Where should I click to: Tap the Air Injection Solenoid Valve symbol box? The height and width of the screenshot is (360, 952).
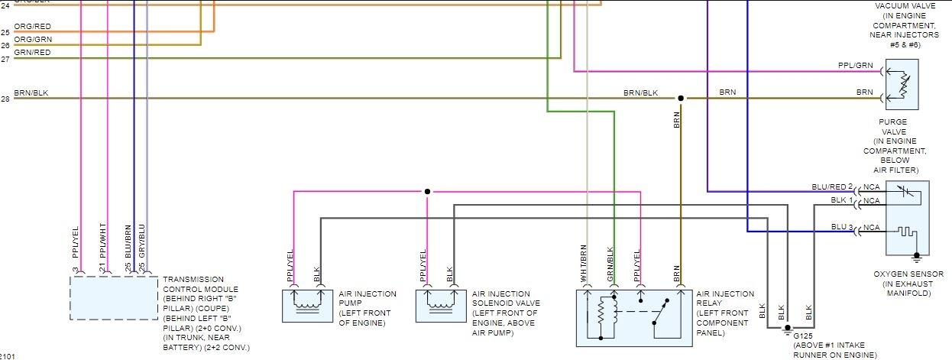point(441,306)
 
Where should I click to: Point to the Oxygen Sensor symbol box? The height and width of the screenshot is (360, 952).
point(907,218)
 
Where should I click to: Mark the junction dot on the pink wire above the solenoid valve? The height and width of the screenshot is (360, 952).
point(427,191)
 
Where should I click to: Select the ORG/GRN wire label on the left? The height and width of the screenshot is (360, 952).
point(33,39)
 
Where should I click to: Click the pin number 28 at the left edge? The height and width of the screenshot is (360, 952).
point(5,99)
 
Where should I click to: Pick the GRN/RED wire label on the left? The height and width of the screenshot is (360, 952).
point(32,52)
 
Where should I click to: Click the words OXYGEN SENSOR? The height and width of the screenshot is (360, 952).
point(908,274)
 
